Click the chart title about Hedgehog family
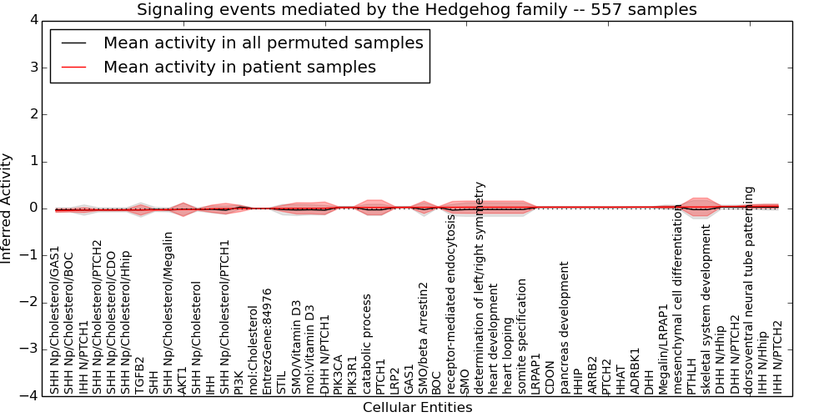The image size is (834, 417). click(x=416, y=10)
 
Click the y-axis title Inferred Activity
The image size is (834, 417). click(x=8, y=208)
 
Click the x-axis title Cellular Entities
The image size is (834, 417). click(x=417, y=408)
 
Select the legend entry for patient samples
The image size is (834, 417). click(x=239, y=67)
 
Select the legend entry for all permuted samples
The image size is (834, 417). click(x=263, y=43)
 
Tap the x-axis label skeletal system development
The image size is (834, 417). click(x=706, y=309)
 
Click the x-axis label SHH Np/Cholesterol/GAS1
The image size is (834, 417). click(x=55, y=320)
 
